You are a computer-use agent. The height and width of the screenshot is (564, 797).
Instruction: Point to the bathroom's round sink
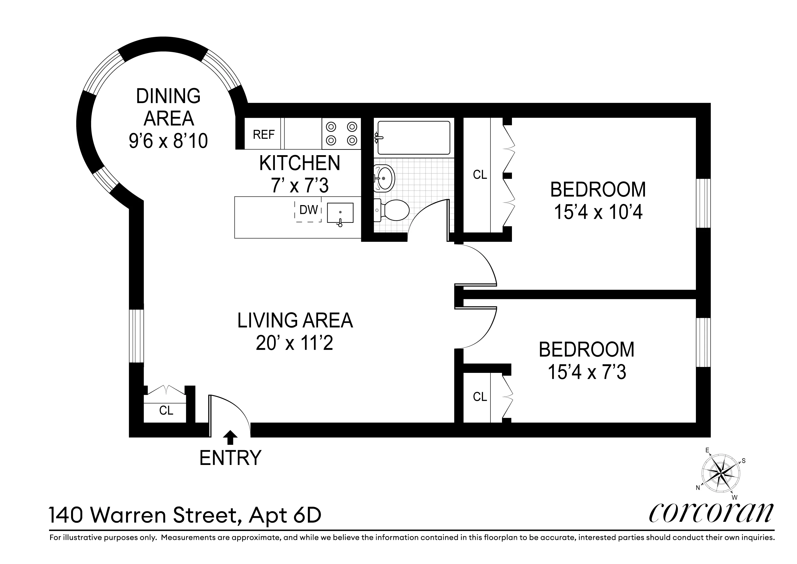(384, 178)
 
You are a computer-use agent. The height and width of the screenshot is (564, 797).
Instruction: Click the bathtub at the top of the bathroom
(414, 138)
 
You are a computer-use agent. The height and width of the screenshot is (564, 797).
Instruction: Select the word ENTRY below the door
(230, 458)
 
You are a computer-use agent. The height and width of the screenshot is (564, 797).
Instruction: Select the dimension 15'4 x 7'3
(587, 372)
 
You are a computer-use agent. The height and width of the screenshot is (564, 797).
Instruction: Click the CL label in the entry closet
(166, 410)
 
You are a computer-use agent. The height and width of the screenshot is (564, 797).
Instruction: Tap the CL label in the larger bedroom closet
(480, 174)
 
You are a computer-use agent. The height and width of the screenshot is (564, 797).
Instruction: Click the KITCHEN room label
(300, 163)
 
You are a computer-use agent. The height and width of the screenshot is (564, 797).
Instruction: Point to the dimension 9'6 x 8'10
(168, 141)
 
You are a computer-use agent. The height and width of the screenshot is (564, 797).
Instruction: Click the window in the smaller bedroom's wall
(703, 343)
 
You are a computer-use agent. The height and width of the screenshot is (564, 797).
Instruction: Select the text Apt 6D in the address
(285, 515)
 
